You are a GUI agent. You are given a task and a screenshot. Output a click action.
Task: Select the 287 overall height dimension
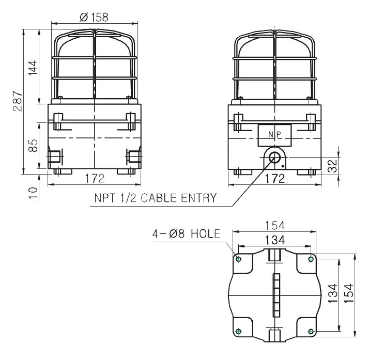coord(18,102)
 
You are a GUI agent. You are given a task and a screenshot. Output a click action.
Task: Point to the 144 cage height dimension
coord(33,68)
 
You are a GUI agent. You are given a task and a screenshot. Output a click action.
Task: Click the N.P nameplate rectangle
coord(274,135)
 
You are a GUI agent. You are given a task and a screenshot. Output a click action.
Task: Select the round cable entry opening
coord(274,158)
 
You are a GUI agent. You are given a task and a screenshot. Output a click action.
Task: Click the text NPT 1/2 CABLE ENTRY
coord(155,198)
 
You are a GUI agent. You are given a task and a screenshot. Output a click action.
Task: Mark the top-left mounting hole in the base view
coord(238,259)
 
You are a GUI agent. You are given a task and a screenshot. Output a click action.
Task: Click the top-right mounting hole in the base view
coord(311,259)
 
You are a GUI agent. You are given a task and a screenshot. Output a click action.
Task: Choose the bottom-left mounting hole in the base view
coord(238,331)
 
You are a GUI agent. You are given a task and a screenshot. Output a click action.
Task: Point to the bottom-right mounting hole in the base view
coord(311,331)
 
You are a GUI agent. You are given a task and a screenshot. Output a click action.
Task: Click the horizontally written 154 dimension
coord(274,226)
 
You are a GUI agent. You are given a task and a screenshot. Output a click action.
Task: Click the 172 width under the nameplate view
coord(274,179)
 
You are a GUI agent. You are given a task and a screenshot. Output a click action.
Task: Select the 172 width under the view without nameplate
coord(95,179)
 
